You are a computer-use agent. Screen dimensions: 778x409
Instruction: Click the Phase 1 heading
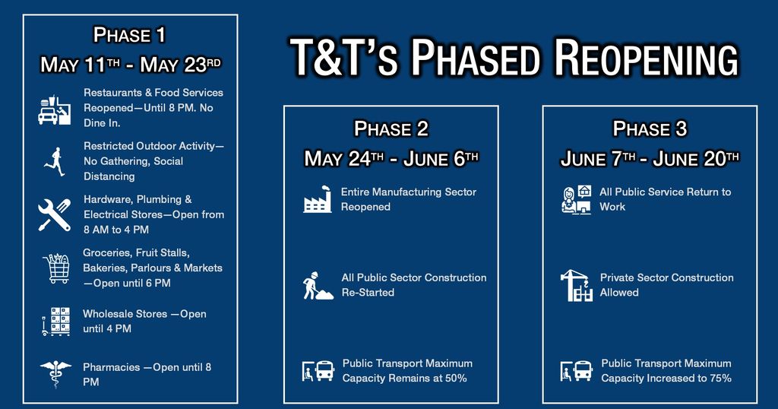129,35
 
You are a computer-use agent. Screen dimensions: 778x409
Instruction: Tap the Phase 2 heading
391,129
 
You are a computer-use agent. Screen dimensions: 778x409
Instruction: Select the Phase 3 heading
650,129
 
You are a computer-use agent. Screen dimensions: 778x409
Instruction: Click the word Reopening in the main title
646,58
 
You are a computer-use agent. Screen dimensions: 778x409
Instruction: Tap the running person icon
55,161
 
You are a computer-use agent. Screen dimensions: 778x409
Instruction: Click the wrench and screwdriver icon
55,215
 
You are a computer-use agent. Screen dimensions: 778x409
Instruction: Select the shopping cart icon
56,268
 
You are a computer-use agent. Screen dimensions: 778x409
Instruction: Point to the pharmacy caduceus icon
55,374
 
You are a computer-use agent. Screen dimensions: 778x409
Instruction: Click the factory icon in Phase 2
318,199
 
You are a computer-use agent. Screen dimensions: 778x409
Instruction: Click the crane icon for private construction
577,285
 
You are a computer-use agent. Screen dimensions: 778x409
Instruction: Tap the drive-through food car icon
55,110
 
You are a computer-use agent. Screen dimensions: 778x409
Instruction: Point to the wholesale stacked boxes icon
56,321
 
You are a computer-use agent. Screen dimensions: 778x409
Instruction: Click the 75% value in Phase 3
720,379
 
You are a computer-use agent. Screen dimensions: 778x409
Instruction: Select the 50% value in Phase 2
456,379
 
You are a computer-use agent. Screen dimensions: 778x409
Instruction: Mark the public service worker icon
577,199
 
